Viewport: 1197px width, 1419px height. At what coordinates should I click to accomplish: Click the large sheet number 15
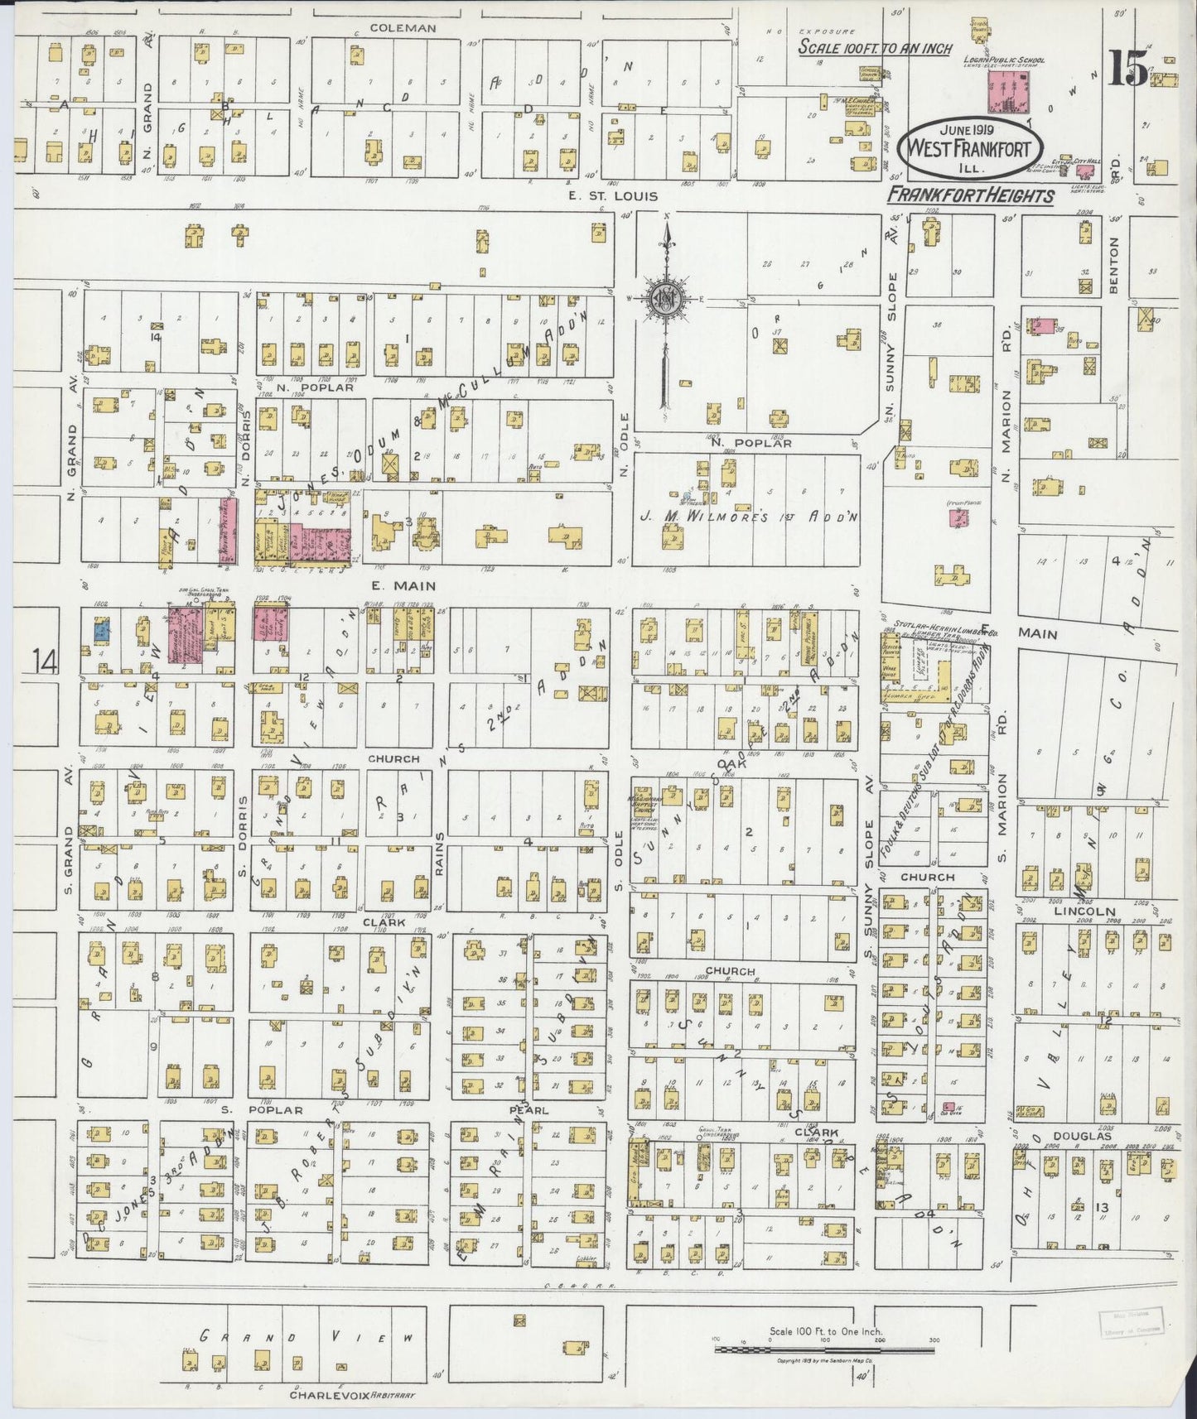(x=1128, y=70)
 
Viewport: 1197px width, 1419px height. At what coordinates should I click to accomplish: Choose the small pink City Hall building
(x=1084, y=171)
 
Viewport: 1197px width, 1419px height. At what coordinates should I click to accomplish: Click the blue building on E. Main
(x=101, y=631)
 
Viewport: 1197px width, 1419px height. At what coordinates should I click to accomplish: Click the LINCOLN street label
(x=1084, y=911)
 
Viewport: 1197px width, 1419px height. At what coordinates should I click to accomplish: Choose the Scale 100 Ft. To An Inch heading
(x=875, y=48)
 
